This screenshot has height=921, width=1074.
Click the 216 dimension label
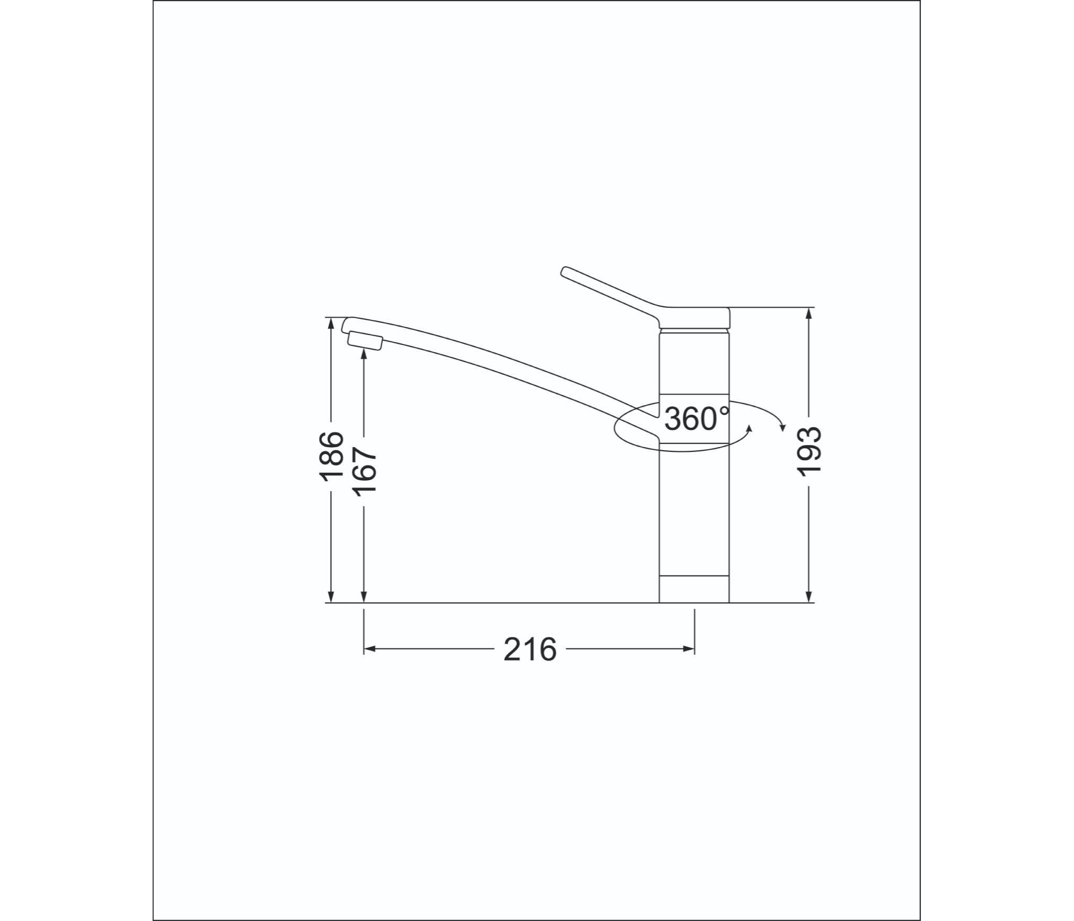[530, 651]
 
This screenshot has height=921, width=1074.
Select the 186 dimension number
[331, 456]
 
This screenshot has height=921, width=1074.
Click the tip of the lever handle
[564, 270]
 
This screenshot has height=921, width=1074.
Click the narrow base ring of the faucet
[694, 590]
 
